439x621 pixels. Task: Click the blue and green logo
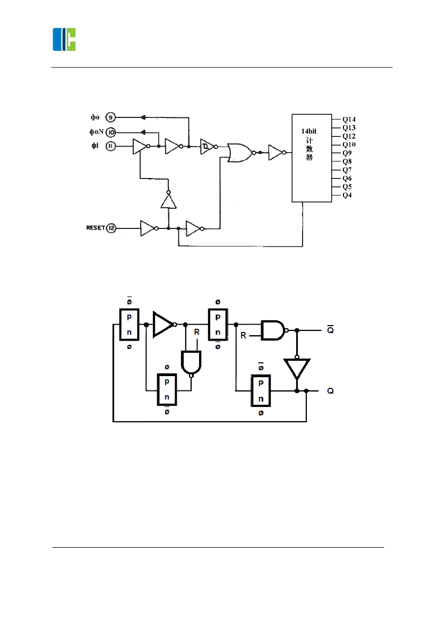[64, 39]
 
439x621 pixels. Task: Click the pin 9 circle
[110, 117]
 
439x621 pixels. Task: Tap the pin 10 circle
[110, 132]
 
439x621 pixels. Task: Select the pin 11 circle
[110, 146]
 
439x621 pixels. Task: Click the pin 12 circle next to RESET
[111, 228]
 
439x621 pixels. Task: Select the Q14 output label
[349, 120]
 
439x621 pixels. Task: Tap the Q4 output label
[347, 195]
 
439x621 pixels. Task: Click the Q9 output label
[347, 153]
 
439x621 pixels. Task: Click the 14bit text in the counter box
[309, 130]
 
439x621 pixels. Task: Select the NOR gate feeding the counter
[240, 152]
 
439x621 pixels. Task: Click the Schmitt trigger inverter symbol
[207, 146]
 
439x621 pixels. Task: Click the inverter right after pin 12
[148, 228]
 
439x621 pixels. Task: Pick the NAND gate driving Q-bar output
[273, 330]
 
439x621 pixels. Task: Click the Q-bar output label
[330, 330]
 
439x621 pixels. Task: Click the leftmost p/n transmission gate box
[129, 324]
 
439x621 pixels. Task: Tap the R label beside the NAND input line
[244, 336]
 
